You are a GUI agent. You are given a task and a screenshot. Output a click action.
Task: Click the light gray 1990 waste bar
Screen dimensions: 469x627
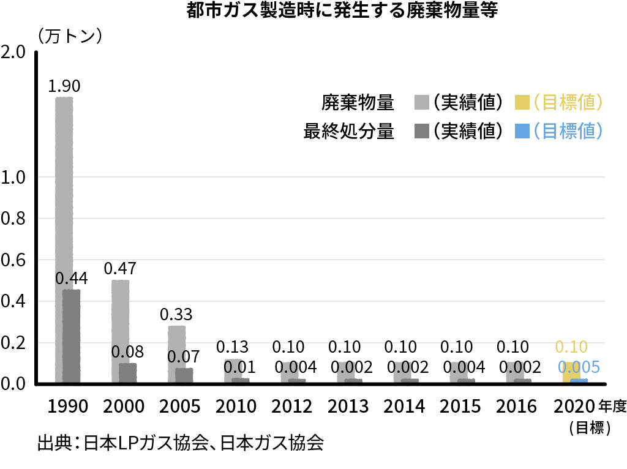click(64, 184)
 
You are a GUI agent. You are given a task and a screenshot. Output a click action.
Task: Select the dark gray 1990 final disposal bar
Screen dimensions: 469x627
click(72, 337)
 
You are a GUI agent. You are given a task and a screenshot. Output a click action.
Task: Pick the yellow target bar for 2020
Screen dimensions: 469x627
click(570, 372)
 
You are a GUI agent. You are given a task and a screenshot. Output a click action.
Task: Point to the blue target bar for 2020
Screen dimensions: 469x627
click(579, 381)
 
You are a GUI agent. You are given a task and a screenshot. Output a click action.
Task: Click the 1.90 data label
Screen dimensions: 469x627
click(64, 86)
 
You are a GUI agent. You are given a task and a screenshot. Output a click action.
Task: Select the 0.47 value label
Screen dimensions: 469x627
click(120, 268)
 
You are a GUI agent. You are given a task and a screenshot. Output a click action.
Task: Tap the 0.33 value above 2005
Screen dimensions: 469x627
click(176, 315)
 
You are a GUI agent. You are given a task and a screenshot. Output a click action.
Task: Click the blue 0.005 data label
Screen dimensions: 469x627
click(579, 367)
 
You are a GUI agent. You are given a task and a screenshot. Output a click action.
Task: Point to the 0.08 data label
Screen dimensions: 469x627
click(127, 352)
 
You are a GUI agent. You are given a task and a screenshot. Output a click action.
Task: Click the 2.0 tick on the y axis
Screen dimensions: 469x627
click(13, 52)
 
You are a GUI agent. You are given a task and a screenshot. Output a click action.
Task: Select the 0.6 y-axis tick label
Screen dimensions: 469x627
click(13, 260)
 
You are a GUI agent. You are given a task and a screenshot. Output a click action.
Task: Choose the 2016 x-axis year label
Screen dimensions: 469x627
click(516, 406)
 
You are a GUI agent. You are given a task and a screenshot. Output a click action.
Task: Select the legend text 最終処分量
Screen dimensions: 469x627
click(349, 130)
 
